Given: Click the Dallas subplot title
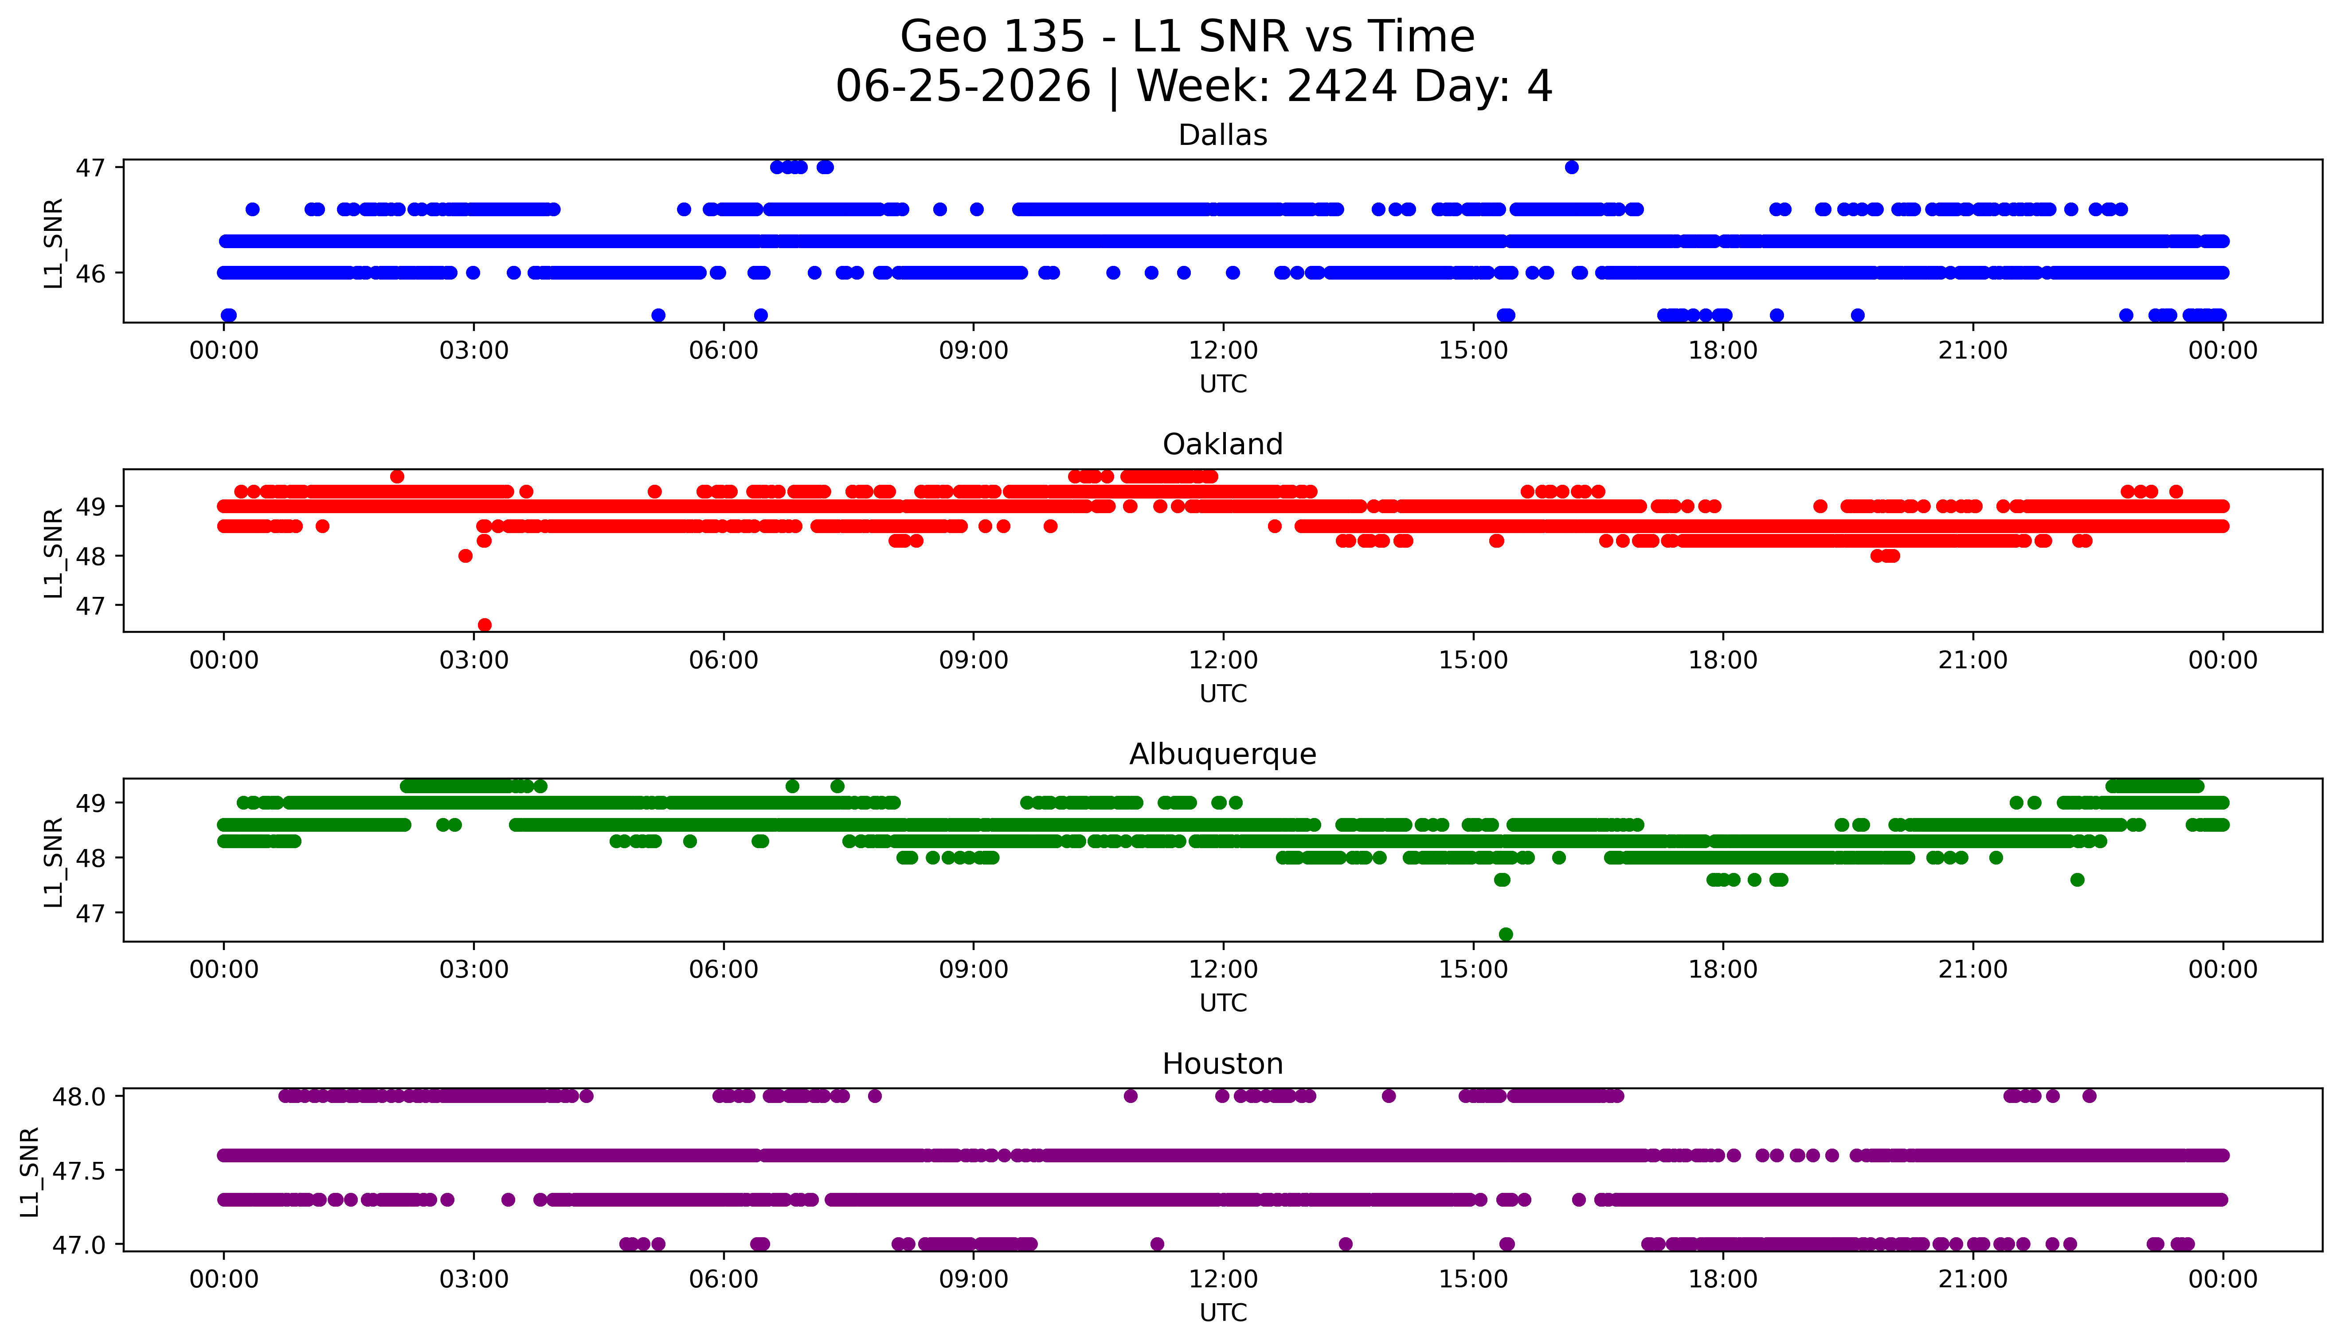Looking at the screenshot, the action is click(1223, 136).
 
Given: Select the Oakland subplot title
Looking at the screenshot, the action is click(1223, 445).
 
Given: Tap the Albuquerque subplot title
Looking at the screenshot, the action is click(1223, 754).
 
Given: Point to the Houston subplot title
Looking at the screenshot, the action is click(1223, 1064).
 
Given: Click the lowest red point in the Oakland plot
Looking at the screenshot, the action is click(485, 625).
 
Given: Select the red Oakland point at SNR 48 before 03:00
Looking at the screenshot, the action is click(466, 556).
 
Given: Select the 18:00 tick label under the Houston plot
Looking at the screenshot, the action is click(1723, 1279).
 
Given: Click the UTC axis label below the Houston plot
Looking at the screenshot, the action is click(1223, 1313).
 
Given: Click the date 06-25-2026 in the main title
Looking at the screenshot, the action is click(963, 87).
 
